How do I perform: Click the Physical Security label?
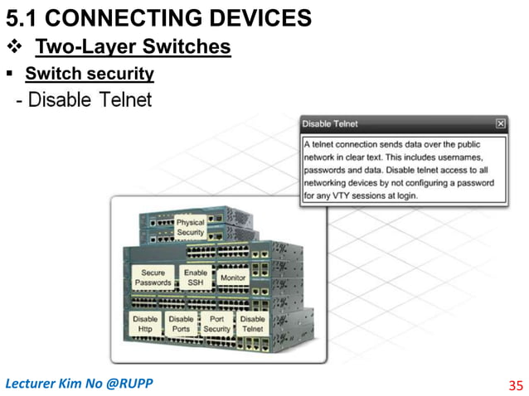[x=190, y=228]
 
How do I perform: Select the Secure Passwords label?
[x=153, y=278]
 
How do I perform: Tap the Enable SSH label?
[x=196, y=278]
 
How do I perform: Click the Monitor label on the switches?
[x=233, y=278]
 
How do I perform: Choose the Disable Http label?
[x=145, y=324]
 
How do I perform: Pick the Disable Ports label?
[x=181, y=324]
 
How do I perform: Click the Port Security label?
[x=216, y=324]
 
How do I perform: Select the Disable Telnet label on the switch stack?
[x=252, y=324]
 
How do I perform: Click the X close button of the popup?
[x=500, y=124]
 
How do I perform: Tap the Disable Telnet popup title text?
[x=329, y=124]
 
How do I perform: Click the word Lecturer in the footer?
[x=30, y=384]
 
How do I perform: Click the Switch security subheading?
[x=90, y=75]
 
